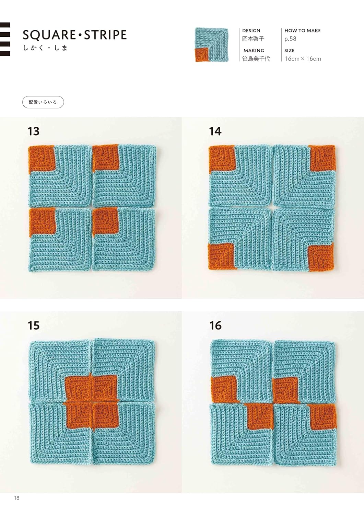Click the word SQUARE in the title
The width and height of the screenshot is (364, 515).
coord(49,35)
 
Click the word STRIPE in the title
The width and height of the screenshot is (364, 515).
coord(105,35)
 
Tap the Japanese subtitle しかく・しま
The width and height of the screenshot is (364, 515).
coord(45,48)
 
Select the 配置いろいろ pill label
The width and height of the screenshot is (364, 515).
coord(43,102)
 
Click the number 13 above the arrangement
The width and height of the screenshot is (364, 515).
coord(34,131)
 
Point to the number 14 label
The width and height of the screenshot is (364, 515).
coord(215,131)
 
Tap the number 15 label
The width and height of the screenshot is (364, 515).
coord(34,325)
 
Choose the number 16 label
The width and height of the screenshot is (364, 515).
coord(215,325)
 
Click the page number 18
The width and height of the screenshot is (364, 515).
coord(17,498)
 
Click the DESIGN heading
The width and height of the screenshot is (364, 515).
coord(251,31)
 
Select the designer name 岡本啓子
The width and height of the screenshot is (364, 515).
coord(253,38)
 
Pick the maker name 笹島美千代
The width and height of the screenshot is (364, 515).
coord(256,59)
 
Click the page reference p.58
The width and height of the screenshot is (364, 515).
coord(291,39)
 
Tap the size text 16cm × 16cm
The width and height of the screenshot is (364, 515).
coord(303,59)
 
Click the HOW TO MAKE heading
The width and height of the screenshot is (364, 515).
coord(302,31)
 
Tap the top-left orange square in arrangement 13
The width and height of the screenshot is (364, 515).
coord(42,159)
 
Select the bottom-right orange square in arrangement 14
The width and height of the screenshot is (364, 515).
coord(321,258)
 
